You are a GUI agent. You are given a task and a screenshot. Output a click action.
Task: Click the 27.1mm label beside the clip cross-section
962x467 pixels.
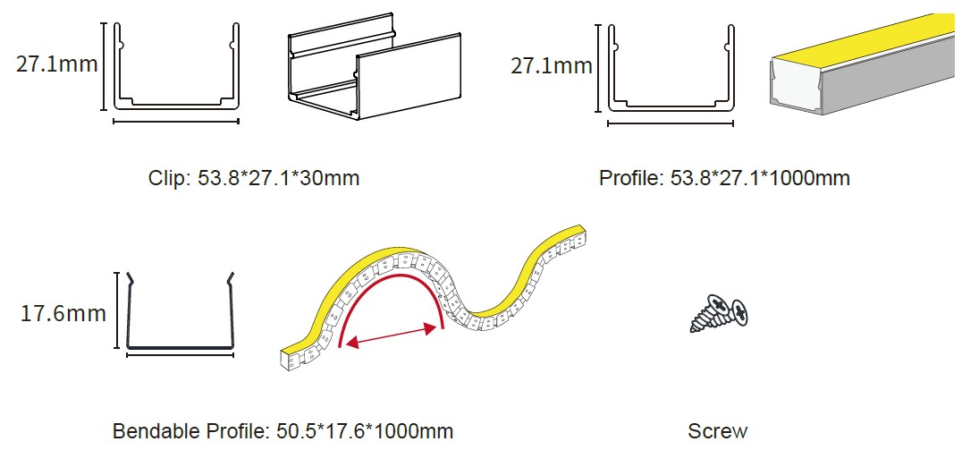(56, 64)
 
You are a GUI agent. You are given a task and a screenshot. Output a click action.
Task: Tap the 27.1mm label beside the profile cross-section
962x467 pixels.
(552, 65)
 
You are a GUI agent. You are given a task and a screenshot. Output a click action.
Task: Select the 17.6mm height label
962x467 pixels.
(63, 314)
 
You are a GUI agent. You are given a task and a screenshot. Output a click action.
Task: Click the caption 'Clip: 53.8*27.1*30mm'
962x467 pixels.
(254, 179)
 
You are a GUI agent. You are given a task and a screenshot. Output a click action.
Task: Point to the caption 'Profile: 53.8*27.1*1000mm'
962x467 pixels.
(724, 179)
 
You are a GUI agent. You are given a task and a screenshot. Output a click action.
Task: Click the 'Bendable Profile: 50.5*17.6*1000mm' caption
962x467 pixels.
(283, 431)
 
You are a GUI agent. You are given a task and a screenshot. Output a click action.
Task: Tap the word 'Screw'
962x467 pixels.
(718, 431)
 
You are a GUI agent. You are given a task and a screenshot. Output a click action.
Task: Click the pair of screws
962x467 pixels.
(721, 313)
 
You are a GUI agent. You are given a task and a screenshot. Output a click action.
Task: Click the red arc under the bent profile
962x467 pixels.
(390, 277)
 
